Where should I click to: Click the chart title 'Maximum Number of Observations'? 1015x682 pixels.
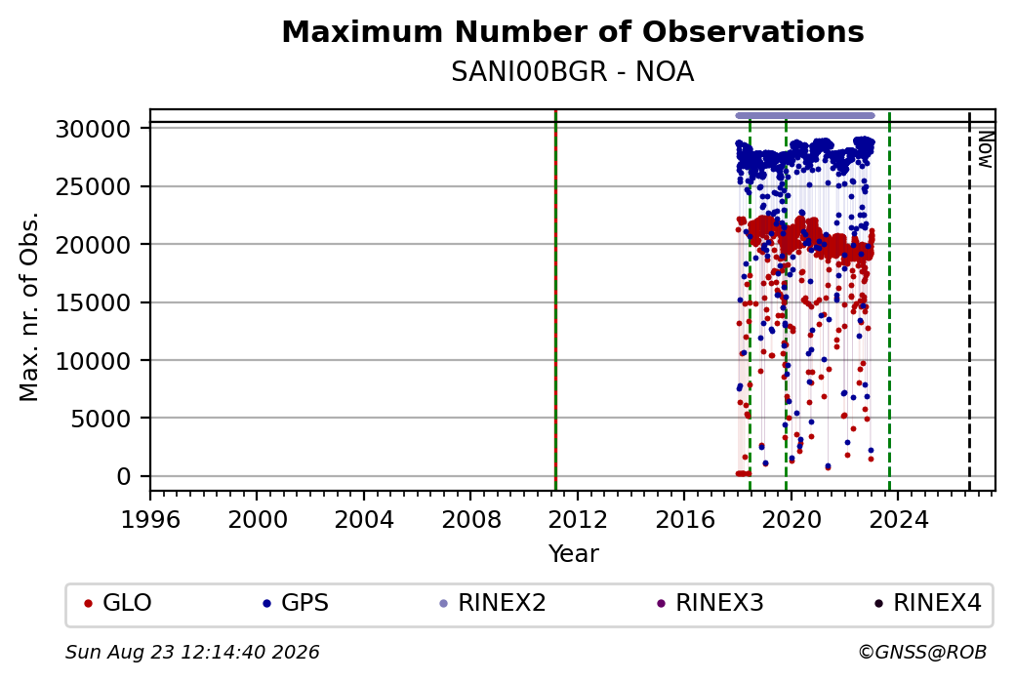pyautogui.click(x=573, y=31)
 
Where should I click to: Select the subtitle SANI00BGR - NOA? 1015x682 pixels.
pyautogui.click(x=573, y=72)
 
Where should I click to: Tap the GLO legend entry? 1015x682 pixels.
pyautogui.click(x=118, y=603)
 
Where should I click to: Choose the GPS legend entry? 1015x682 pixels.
pyautogui.click(x=295, y=603)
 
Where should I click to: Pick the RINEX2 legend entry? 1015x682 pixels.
pyautogui.click(x=493, y=603)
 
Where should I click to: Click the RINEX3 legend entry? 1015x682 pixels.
pyautogui.click(x=710, y=603)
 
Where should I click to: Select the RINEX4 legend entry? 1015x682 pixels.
pyautogui.click(x=927, y=603)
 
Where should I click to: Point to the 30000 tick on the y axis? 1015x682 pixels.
pyautogui.click(x=94, y=130)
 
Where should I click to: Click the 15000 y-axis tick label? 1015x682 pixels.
pyautogui.click(x=94, y=302)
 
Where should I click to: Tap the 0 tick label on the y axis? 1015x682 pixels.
pyautogui.click(x=124, y=477)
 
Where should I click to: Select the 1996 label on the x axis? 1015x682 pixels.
pyautogui.click(x=150, y=520)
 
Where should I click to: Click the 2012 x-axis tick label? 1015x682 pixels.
pyautogui.click(x=578, y=520)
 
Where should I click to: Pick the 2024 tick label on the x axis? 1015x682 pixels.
pyautogui.click(x=899, y=520)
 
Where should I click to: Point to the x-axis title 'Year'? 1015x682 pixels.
pyautogui.click(x=574, y=554)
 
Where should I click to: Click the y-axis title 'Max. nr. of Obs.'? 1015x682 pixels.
pyautogui.click(x=29, y=306)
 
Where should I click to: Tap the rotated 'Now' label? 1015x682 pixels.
pyautogui.click(x=985, y=149)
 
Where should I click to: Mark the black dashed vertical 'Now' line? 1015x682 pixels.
pyautogui.click(x=969, y=301)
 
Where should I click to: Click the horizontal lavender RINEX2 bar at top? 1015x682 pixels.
pyautogui.click(x=805, y=116)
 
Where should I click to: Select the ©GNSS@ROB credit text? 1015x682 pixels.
pyautogui.click(x=922, y=652)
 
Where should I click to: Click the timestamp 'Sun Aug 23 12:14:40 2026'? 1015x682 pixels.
pyautogui.click(x=192, y=652)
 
